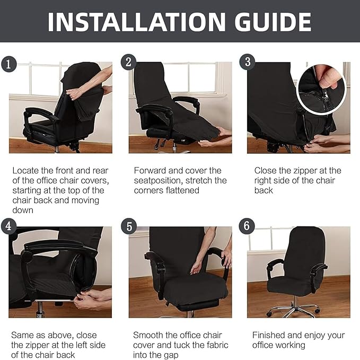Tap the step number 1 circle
[x=7, y=65]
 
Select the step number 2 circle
[x=128, y=62]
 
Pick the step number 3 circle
[x=247, y=62]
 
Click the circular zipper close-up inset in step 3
[x=321, y=85]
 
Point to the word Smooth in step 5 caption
[x=148, y=335]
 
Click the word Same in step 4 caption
[x=22, y=335]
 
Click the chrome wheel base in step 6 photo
[x=294, y=309]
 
